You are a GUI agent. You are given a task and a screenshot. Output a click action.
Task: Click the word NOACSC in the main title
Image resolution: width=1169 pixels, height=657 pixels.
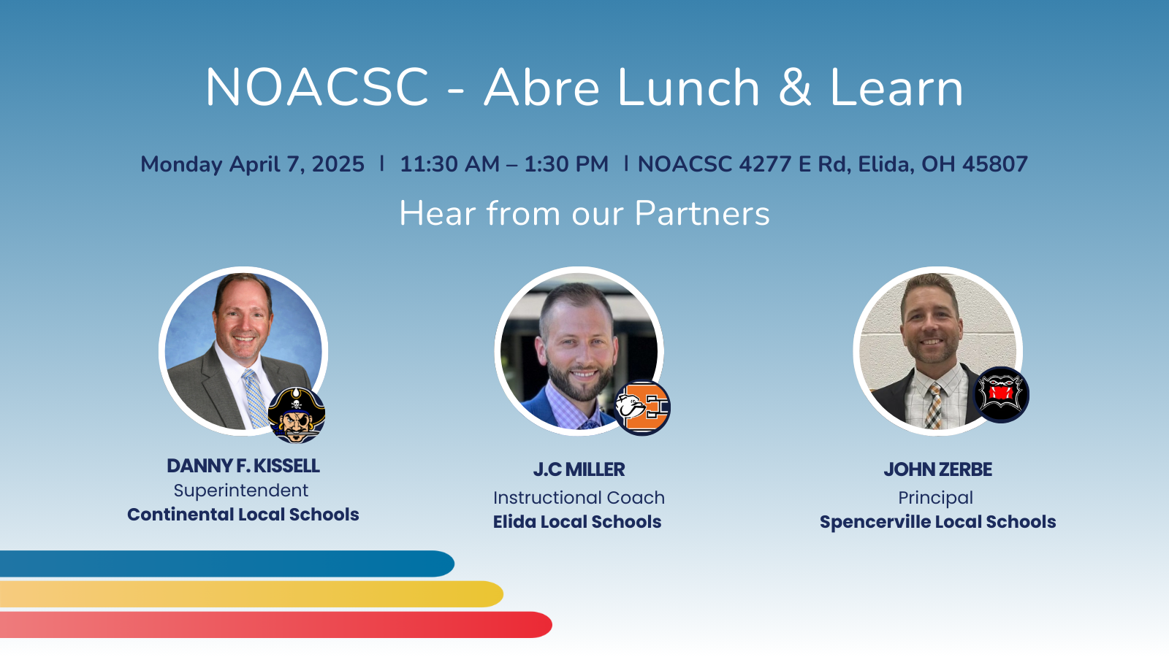coord(317,87)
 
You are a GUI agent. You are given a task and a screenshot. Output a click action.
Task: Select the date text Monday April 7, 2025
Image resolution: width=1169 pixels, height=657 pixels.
coord(252,164)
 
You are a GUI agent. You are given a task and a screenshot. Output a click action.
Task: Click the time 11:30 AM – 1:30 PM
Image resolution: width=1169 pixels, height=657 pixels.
coord(504,164)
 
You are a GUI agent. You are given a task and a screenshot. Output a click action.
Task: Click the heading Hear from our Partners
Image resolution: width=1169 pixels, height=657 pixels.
coord(584,213)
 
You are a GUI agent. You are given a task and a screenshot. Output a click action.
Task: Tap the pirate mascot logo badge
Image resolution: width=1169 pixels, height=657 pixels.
coord(297,415)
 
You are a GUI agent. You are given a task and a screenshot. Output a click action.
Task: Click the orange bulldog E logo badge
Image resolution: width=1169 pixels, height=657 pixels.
coord(642,408)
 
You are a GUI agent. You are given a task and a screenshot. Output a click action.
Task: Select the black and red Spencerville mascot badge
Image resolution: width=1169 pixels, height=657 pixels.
coord(1001,395)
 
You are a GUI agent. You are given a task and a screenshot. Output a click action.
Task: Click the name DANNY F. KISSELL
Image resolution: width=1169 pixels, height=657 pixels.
coord(243,466)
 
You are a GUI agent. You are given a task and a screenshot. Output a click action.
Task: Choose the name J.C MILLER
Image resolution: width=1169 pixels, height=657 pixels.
coord(579,469)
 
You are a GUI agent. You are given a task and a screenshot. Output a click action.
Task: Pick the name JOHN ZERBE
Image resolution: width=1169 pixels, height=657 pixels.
coord(938,469)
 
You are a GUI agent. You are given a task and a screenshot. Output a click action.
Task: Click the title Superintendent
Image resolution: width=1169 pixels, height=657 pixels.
coord(241,490)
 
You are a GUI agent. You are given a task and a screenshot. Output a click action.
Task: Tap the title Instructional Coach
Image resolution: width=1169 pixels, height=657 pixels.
coord(579,497)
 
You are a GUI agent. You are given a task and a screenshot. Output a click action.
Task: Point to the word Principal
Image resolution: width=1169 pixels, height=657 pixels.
coord(936,498)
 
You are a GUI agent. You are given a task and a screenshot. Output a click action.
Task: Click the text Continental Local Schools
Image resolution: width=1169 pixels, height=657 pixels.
coord(243,515)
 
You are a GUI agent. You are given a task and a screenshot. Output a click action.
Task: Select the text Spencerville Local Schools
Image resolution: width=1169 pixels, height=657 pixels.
coord(938,522)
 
